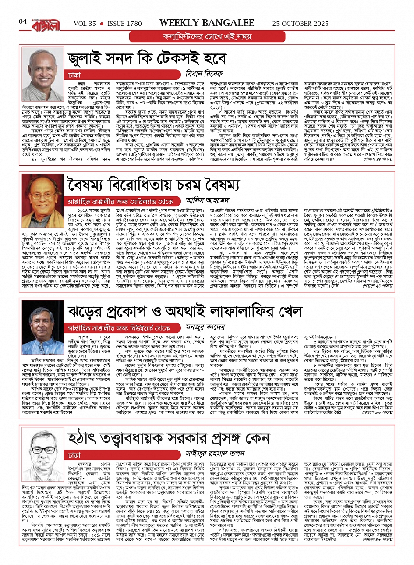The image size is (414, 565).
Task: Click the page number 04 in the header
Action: [23, 22]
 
